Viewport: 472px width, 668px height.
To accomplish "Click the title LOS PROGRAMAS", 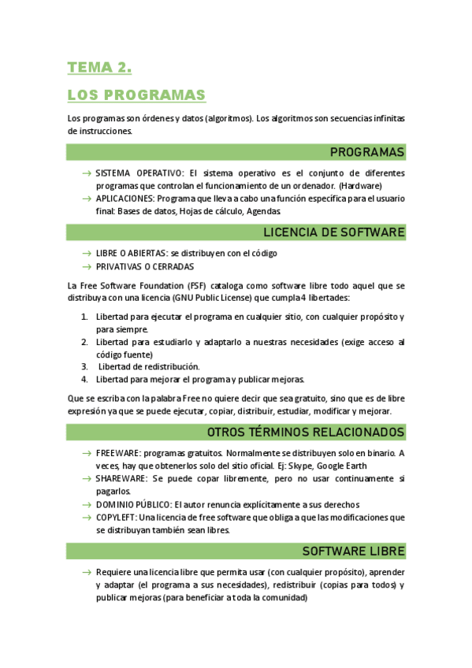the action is coord(136,95).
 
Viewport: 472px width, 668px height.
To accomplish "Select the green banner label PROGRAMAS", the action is coord(367,152).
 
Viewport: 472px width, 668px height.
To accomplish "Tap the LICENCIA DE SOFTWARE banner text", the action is coord(334,232).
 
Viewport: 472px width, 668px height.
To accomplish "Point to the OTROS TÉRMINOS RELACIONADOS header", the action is coord(306,432).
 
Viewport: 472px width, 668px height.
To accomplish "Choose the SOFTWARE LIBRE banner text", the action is coord(354,551).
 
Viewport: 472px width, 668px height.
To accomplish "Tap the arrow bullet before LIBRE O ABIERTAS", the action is coord(86,254).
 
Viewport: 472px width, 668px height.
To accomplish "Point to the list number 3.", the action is coord(84,366).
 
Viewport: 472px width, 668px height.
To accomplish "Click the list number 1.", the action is coord(84,317).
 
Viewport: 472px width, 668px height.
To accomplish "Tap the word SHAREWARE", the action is coord(121,479).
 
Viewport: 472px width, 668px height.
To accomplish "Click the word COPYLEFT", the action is coord(116,518).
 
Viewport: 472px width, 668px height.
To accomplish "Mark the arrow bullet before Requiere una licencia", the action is coord(86,572).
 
